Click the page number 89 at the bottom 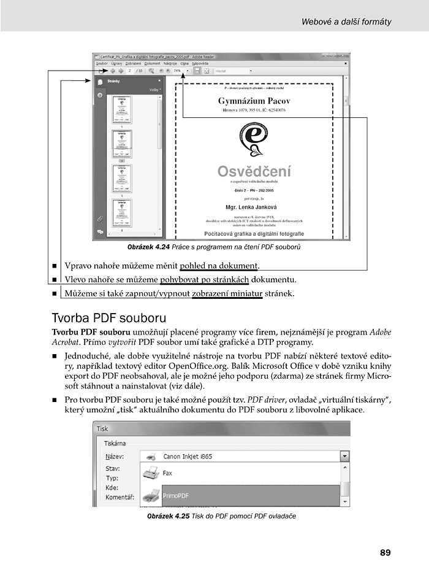(385, 552)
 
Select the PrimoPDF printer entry (175, 494)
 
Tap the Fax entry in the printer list (167, 473)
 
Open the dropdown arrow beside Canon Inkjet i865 (344, 457)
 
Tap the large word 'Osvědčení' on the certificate (254, 172)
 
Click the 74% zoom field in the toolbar (178, 71)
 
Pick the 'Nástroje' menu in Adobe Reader (170, 63)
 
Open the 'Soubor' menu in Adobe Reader (101, 63)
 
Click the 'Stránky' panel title (113, 81)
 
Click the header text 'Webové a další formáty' (346, 22)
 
